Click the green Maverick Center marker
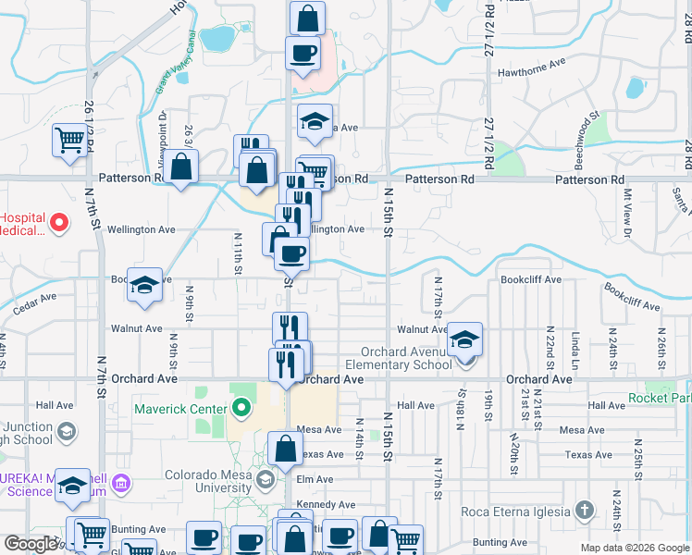point(242,407)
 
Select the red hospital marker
point(58,223)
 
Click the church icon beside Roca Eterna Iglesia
point(584,510)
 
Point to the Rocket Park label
point(659,399)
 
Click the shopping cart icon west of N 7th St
point(69,141)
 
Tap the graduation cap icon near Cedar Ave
point(144,285)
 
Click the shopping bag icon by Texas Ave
point(286,450)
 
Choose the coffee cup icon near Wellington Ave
point(292,253)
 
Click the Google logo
point(31,545)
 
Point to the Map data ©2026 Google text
point(634,548)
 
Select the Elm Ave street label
point(315,479)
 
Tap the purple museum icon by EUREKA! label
point(121,482)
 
